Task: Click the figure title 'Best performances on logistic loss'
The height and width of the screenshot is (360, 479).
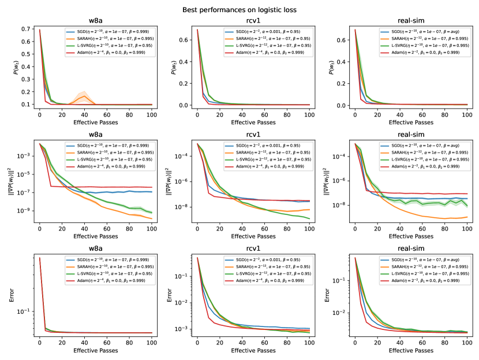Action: click(x=240, y=9)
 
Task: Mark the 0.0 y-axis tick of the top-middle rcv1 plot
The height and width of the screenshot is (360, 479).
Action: click(x=185, y=105)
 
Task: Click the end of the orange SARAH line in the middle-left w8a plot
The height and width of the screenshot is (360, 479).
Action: click(x=151, y=218)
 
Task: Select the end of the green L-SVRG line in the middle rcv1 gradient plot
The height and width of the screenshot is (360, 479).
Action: click(x=309, y=219)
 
